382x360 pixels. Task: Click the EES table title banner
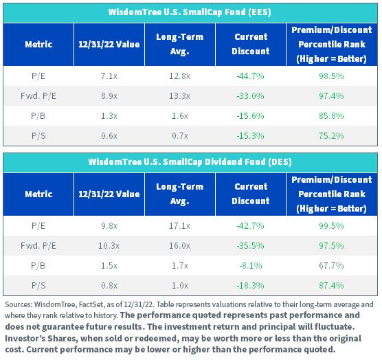[x=190, y=12]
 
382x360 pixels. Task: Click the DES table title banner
[x=190, y=162]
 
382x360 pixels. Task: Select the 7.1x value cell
[x=109, y=76]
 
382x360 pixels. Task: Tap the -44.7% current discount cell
[x=251, y=76]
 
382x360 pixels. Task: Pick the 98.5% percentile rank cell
[x=332, y=76]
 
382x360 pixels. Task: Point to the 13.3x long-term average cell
[x=180, y=96]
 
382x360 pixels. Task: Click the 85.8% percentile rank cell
[x=332, y=116]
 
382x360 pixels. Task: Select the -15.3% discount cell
[x=251, y=136]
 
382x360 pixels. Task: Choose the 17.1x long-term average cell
[x=180, y=226]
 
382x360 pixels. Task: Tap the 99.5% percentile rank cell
[x=332, y=226]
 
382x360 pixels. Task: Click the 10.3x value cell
[x=109, y=246]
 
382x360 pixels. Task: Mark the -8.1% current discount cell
[x=251, y=266]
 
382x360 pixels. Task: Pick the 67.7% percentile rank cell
[x=332, y=266]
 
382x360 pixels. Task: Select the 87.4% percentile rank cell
[x=332, y=286]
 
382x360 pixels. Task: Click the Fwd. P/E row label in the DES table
[x=38, y=246]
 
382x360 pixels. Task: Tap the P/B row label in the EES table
[x=38, y=116]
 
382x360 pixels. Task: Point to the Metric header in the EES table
[x=38, y=45]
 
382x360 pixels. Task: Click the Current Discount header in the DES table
[x=251, y=194]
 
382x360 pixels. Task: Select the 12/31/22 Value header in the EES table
[x=109, y=45]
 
